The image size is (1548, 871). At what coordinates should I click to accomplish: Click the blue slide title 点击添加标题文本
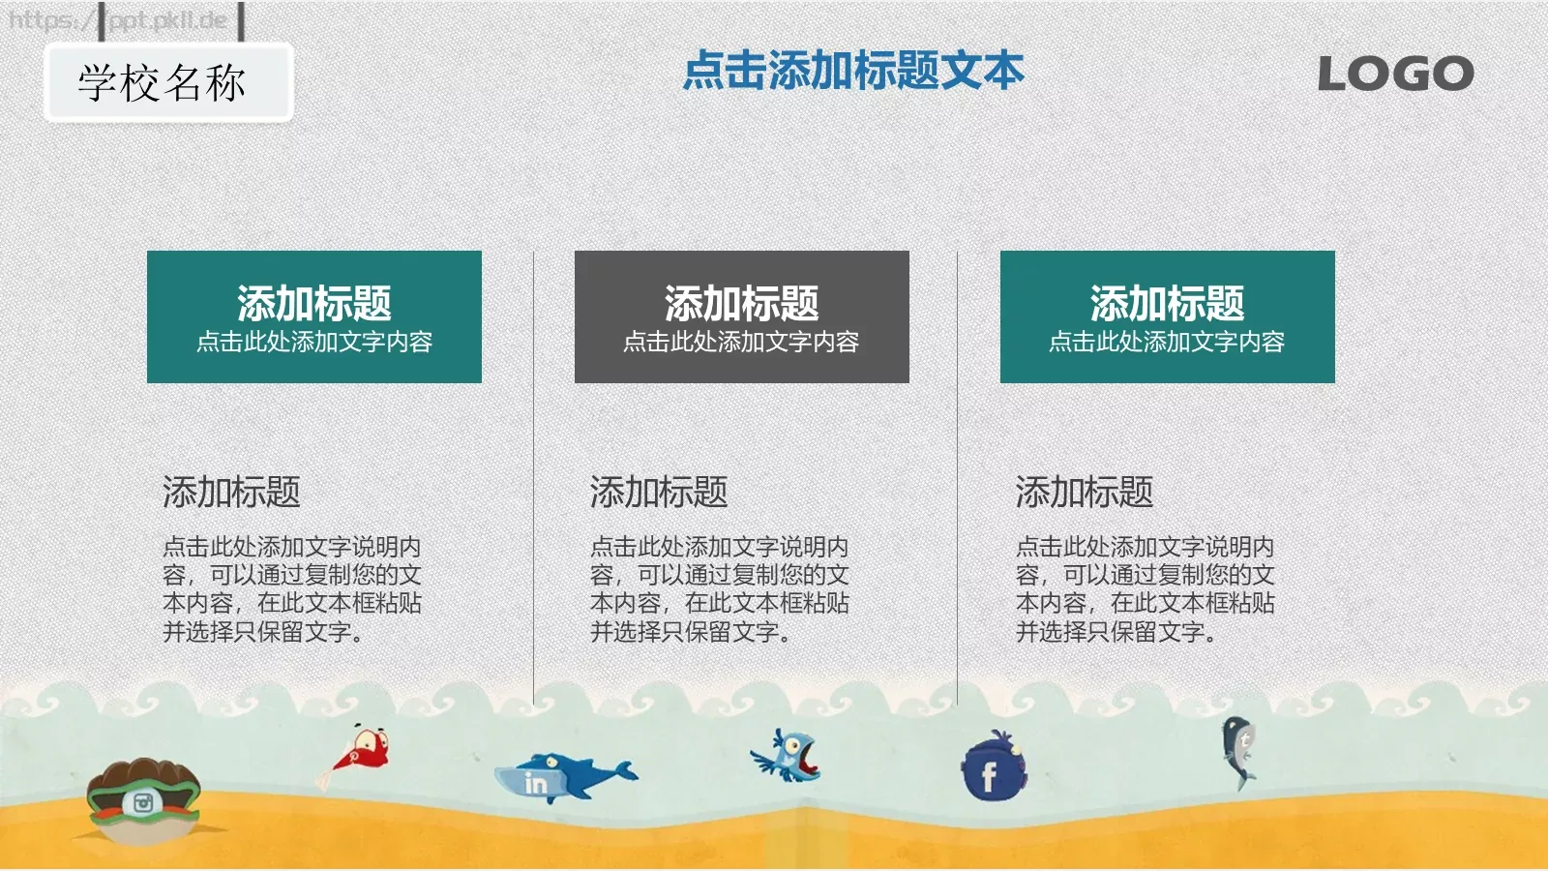click(852, 72)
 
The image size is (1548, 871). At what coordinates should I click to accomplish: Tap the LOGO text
click(1395, 75)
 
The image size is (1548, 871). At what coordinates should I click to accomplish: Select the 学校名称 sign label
click(163, 83)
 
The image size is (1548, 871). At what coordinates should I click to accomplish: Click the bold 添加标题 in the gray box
click(741, 304)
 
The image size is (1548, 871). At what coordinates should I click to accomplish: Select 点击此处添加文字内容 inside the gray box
click(741, 342)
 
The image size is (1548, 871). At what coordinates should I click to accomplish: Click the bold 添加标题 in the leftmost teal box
click(314, 304)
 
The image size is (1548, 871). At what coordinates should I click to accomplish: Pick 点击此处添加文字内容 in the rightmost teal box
click(1167, 342)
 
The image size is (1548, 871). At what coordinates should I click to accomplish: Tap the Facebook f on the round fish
click(989, 776)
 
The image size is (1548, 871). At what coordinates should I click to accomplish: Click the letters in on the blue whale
click(535, 783)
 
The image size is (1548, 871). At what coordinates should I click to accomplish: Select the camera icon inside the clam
click(143, 802)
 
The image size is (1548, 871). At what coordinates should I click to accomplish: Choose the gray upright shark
click(1239, 751)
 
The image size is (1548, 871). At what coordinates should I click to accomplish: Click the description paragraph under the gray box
click(719, 589)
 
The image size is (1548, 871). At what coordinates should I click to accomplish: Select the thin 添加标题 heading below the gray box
click(659, 493)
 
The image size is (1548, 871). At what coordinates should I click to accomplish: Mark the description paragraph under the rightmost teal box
click(1145, 589)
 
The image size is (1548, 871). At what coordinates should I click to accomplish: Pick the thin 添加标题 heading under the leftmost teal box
click(231, 493)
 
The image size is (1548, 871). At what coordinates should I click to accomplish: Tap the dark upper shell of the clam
click(142, 775)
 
